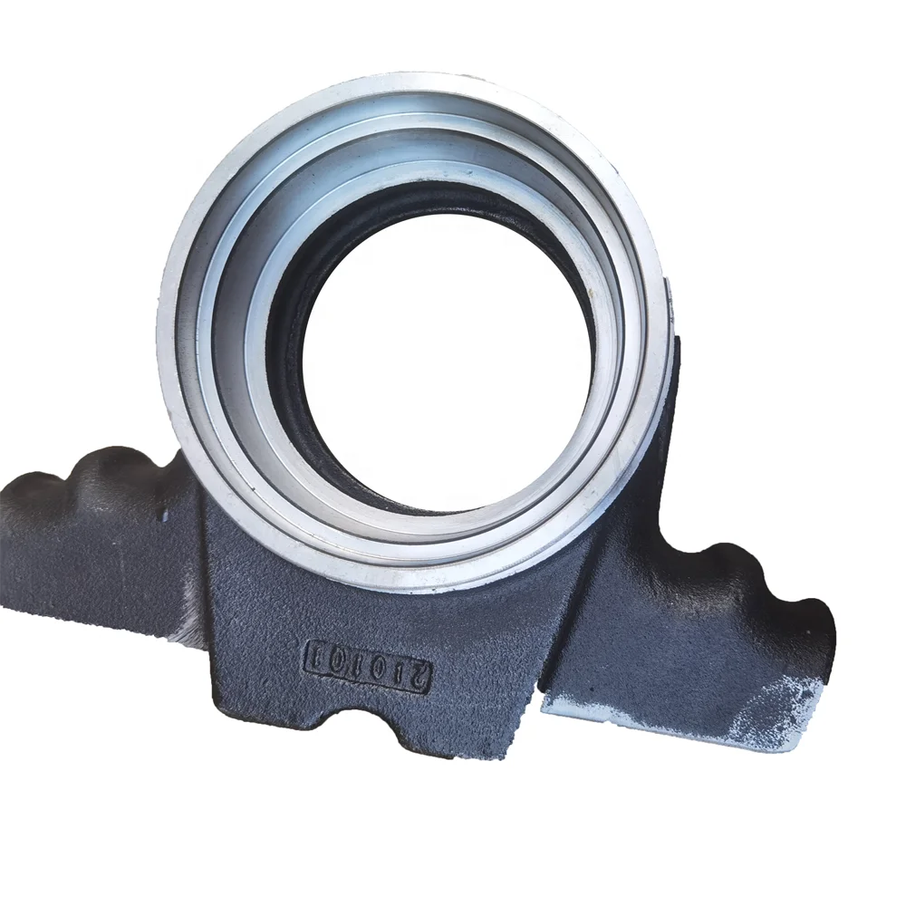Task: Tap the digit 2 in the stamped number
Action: click(418, 677)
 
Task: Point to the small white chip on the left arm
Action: click(166, 517)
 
